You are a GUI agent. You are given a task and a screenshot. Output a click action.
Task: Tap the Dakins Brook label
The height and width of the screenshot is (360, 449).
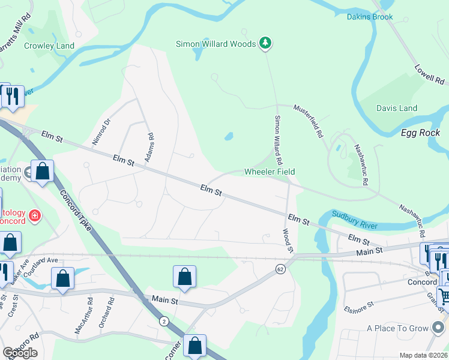point(370,17)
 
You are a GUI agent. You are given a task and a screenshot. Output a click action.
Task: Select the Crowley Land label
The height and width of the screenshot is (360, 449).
point(49,46)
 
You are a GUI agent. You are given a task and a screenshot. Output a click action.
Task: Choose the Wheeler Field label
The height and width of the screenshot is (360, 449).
point(270,172)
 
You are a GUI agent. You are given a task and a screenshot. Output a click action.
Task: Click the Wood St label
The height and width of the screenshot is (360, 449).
point(288,240)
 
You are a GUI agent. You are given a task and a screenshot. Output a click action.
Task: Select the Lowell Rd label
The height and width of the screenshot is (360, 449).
point(430,71)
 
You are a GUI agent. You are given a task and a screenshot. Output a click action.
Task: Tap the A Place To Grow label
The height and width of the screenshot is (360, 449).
point(397,328)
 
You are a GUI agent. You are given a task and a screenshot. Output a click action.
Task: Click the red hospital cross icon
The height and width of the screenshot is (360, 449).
point(35,214)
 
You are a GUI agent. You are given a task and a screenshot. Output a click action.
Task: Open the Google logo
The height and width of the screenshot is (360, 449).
point(20,353)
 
